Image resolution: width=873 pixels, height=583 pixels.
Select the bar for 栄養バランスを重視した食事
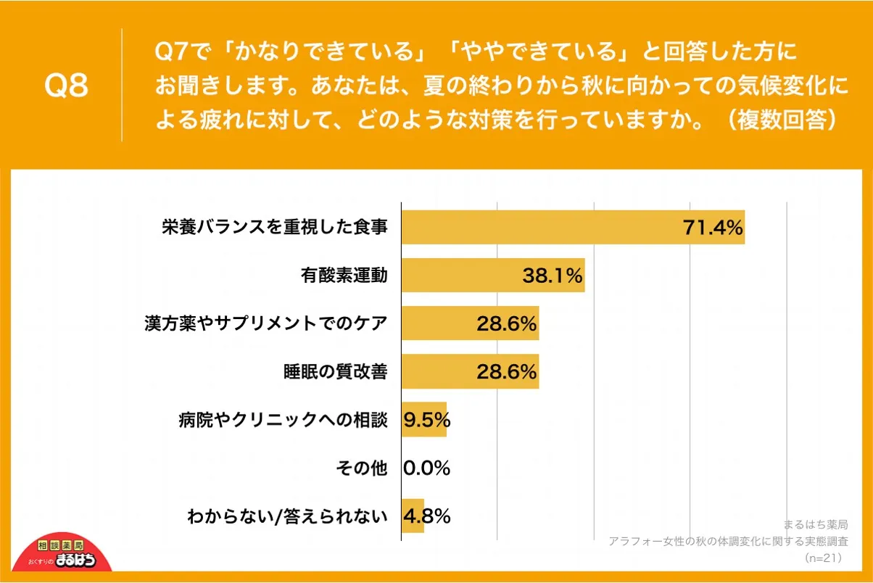(x=573, y=227)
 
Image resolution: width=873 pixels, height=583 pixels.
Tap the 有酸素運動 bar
(x=493, y=276)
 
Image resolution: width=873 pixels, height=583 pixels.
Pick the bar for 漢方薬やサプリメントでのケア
(x=470, y=323)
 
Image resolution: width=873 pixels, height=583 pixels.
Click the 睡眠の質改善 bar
(x=470, y=372)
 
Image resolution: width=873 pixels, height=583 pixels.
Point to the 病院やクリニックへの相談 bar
(x=424, y=420)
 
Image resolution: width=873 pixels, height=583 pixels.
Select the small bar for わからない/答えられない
(x=413, y=516)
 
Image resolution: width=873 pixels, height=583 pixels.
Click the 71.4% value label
(x=713, y=228)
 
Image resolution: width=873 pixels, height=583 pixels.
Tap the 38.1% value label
(x=553, y=276)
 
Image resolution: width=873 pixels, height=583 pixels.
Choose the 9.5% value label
(x=427, y=420)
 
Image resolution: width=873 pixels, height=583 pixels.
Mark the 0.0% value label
(x=426, y=468)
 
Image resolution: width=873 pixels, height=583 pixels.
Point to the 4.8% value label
(x=427, y=516)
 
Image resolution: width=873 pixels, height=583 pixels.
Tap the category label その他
(x=362, y=468)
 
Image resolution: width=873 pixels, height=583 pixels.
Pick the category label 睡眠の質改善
(x=335, y=372)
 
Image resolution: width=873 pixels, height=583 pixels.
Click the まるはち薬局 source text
(x=816, y=524)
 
